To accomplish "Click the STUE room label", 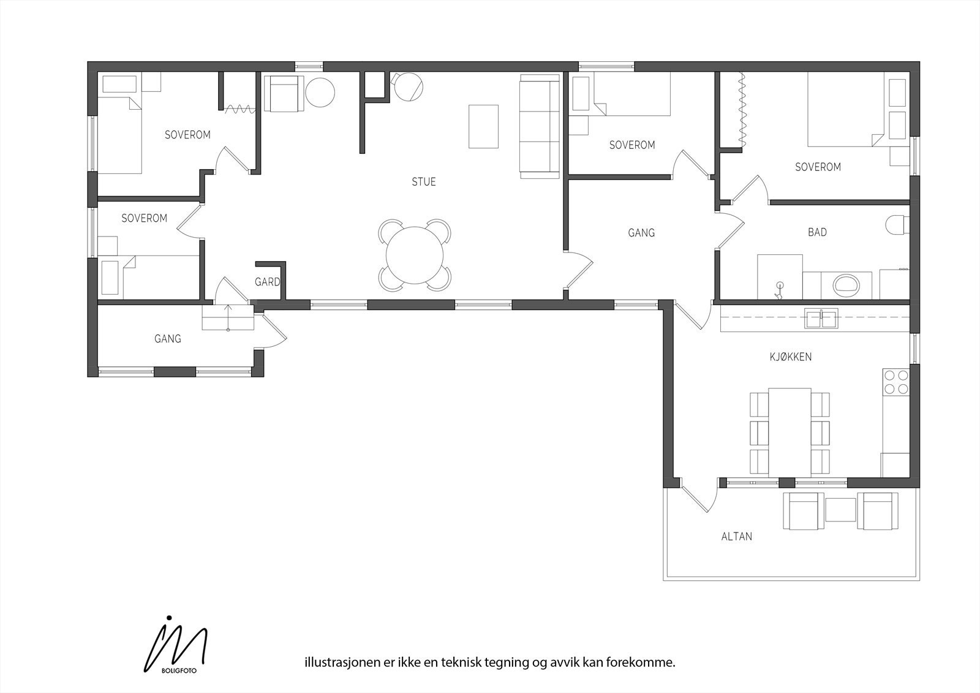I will (x=423, y=182).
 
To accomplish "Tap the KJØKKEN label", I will (x=790, y=357).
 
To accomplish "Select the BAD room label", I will (x=817, y=232).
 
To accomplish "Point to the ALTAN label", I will (x=736, y=537).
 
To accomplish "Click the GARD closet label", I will (x=267, y=282).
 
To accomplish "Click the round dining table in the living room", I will (x=415, y=256).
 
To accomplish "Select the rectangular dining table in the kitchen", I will (x=790, y=431).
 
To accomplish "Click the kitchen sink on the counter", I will (x=821, y=319).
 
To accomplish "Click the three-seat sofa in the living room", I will (x=540, y=126).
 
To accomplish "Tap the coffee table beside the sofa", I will (x=483, y=126).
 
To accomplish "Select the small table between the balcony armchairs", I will (x=840, y=510).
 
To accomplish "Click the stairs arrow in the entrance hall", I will (x=228, y=316).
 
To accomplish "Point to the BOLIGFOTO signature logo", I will (x=175, y=649).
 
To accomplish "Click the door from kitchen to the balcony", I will (x=699, y=495).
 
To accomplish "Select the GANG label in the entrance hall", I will (x=167, y=338).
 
